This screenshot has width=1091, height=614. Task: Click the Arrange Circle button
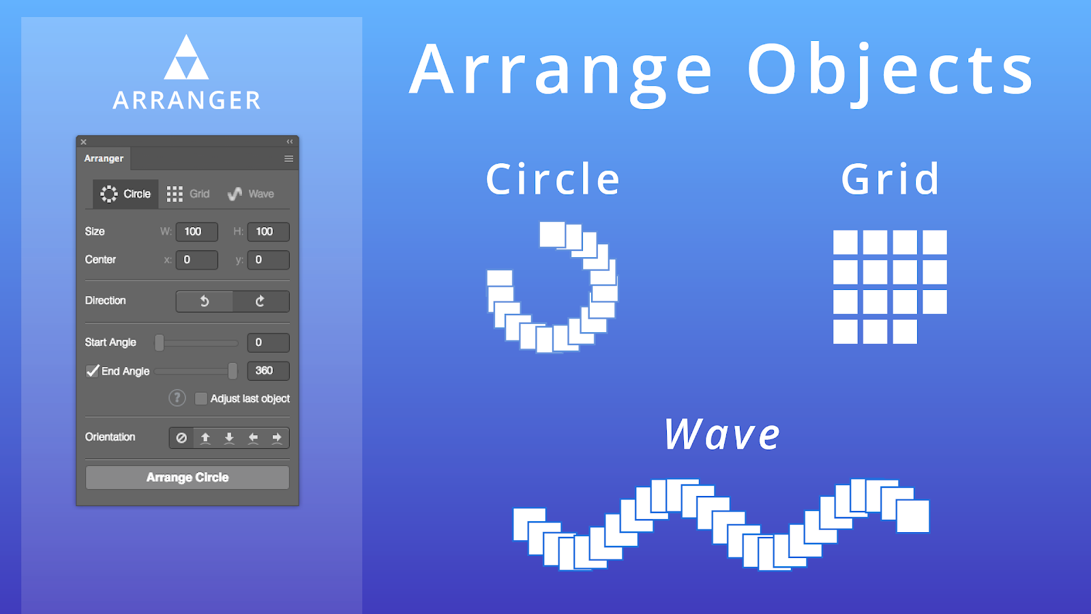coord(188,477)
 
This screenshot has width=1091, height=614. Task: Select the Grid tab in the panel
coord(188,194)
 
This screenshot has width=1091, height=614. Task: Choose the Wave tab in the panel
coord(251,194)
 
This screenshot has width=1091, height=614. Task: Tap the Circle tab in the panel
coord(125,194)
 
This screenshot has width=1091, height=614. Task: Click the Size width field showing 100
coord(197,231)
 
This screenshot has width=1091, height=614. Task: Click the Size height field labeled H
coord(269,231)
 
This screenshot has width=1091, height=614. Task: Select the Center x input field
coord(197,260)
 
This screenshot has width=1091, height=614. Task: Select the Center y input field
coord(269,260)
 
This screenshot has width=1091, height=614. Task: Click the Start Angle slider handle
coord(160,342)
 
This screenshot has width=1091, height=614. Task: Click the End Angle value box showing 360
coord(269,371)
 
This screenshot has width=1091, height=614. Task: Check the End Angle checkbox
coord(92,371)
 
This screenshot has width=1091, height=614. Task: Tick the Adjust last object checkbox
coord(200,398)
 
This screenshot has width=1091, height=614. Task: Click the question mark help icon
coord(177,398)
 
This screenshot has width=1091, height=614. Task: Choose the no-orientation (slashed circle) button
coord(181,437)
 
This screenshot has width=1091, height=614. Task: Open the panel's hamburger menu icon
coord(289,159)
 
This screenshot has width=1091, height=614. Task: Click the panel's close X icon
coord(84,142)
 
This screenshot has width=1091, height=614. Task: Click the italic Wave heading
coord(722,434)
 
